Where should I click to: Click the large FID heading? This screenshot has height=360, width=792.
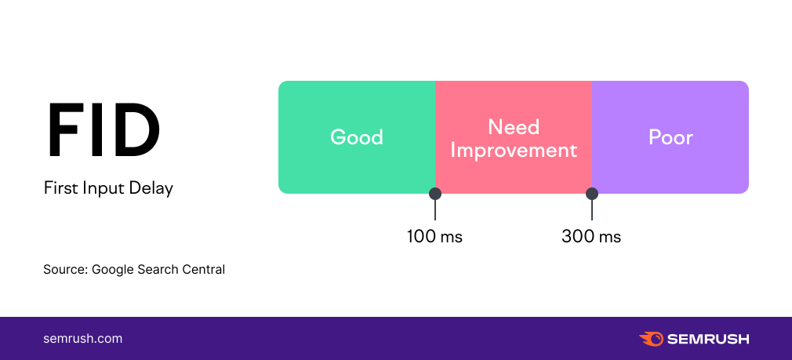point(104,131)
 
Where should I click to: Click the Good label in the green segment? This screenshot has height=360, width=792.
point(357,137)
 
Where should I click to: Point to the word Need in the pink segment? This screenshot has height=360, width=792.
point(514,127)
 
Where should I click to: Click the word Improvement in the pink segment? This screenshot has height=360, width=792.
point(514,150)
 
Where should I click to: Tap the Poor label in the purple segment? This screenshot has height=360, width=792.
point(670,137)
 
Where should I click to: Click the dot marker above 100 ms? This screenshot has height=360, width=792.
point(435,194)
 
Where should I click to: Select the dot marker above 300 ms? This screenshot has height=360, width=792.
point(592,194)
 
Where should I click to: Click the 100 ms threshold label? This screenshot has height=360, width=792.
point(435,236)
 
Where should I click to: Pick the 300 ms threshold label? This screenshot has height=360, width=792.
point(591,236)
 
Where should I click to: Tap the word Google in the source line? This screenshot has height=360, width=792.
point(113,270)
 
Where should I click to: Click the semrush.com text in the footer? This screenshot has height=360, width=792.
point(83,339)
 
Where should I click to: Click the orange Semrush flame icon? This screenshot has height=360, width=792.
point(651,339)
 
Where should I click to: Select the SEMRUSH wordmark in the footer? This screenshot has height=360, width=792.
point(708,340)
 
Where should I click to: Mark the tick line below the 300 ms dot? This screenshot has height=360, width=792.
point(592,210)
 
